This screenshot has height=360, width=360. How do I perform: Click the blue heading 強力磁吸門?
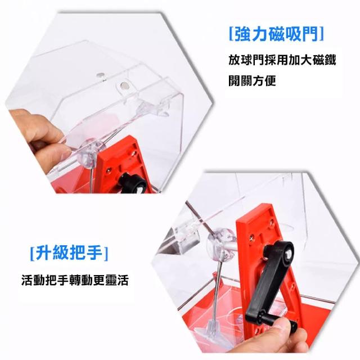coord(276,34)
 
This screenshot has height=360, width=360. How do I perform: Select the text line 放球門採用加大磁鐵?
coord(282,60)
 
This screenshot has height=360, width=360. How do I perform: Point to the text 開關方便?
coord(252,80)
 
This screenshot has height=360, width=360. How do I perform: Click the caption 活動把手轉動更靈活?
coord(75,280)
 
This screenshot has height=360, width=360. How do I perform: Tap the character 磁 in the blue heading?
coord(277,34)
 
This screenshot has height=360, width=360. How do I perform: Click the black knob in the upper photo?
coord(132,183)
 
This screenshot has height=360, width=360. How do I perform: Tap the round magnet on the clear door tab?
coord(124,85)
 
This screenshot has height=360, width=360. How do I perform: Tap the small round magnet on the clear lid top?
coord(101,75)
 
